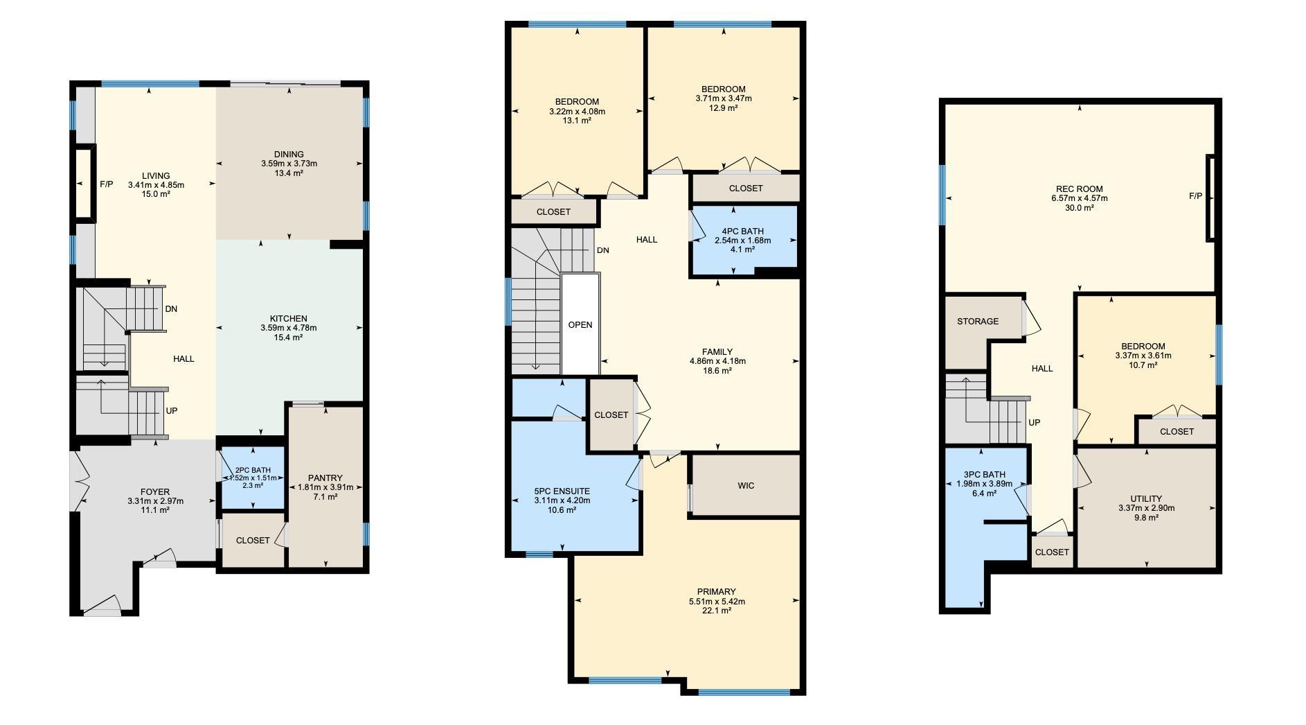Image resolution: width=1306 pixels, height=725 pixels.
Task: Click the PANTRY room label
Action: pyautogui.click(x=325, y=478)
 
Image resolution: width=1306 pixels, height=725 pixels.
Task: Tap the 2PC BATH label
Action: pyautogui.click(x=253, y=470)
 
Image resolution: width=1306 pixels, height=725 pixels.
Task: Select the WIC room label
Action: pyautogui.click(x=746, y=485)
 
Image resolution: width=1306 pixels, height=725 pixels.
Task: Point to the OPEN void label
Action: pyautogui.click(x=580, y=324)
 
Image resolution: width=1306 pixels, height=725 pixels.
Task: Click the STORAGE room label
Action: pyautogui.click(x=978, y=321)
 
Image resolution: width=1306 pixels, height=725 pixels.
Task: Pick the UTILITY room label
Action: pyautogui.click(x=1146, y=498)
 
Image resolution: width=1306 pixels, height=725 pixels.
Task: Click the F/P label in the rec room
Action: pyautogui.click(x=1195, y=196)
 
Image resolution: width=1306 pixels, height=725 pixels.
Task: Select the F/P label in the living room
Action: pyautogui.click(x=106, y=184)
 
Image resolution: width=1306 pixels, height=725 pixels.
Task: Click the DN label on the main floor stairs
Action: pyautogui.click(x=171, y=308)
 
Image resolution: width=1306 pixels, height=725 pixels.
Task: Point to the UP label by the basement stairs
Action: pyautogui.click(x=1034, y=422)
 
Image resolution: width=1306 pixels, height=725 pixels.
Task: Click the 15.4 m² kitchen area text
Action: pyautogui.click(x=288, y=338)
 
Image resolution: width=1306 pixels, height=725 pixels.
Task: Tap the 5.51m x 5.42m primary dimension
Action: pyautogui.click(x=717, y=602)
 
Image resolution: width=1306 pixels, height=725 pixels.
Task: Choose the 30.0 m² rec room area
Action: pyautogui.click(x=1079, y=208)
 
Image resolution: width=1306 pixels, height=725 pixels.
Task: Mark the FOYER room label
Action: pyautogui.click(x=155, y=492)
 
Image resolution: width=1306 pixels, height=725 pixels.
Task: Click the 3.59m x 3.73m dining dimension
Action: pyautogui.click(x=289, y=164)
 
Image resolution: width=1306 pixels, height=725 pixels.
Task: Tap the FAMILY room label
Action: pyautogui.click(x=717, y=352)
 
